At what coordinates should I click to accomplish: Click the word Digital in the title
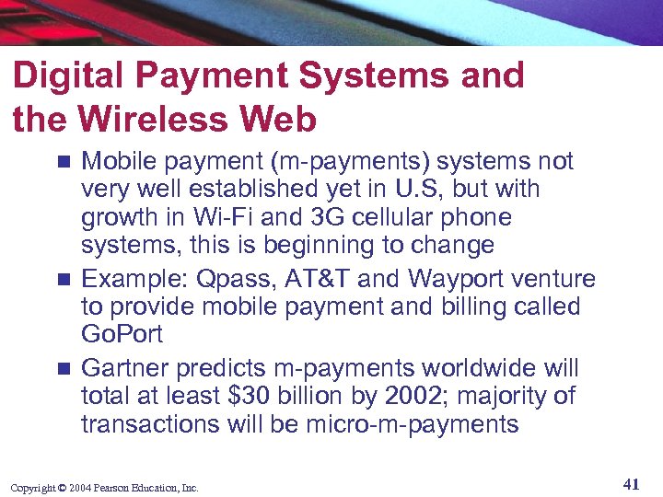coord(65,76)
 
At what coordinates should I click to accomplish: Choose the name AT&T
coord(313,279)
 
